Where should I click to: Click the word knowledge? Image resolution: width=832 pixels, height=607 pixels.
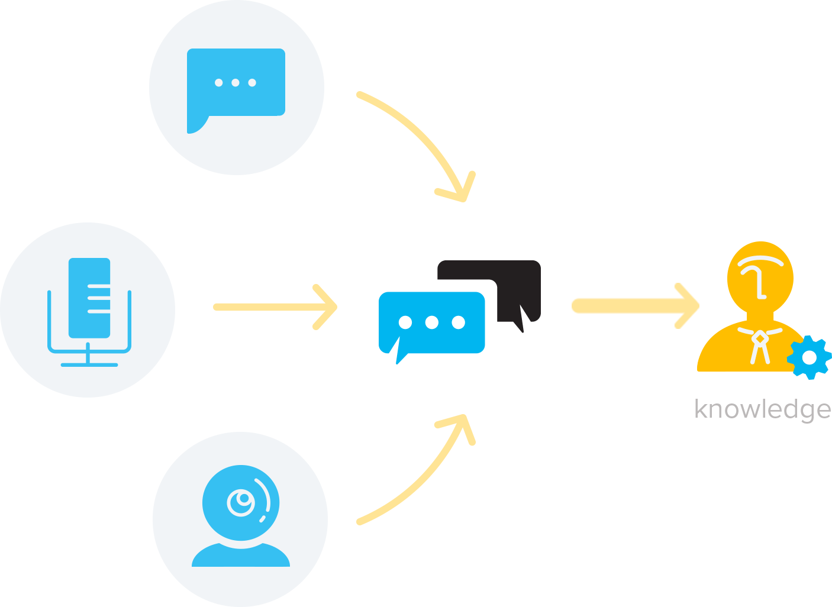coord(762,409)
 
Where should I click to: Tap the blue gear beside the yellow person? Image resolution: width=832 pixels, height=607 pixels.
coord(809,357)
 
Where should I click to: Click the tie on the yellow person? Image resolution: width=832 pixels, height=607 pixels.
coord(759,346)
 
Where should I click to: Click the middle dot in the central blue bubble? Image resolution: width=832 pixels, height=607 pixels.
coord(431,322)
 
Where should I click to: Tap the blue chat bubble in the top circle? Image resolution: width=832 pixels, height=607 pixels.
coord(236,83)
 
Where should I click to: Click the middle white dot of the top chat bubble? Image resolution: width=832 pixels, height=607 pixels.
coord(236,83)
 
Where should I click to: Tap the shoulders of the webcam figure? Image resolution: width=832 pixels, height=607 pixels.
coord(241,556)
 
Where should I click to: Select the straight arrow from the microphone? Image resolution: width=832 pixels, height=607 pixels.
coord(275,307)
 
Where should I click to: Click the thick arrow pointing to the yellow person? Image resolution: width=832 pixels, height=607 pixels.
coord(633,306)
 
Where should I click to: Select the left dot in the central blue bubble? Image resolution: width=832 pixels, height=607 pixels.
coord(405,322)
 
